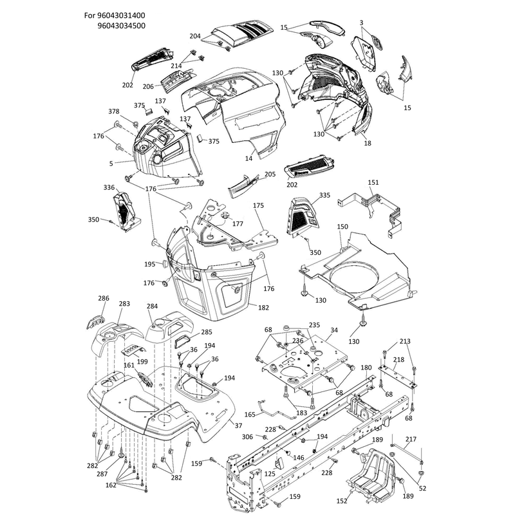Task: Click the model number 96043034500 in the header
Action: (121, 26)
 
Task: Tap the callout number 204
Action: (195, 36)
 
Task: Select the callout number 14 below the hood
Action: (249, 158)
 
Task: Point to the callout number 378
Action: (114, 111)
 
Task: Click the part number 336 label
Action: (109, 187)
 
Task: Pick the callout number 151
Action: (373, 182)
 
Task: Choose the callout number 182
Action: (263, 308)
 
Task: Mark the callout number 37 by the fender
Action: (238, 426)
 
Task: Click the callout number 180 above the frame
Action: (366, 368)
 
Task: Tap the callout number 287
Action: (102, 474)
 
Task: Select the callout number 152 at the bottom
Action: (342, 501)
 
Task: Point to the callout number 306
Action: (247, 436)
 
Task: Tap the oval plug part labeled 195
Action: (165, 264)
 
